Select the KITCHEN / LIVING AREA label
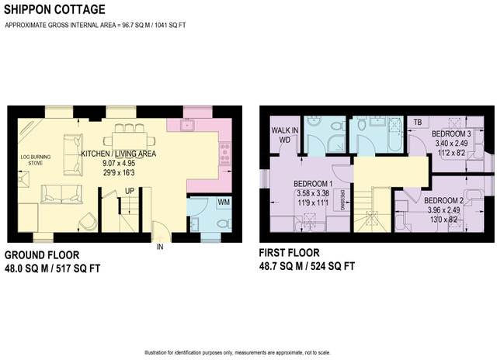pyautogui.click(x=119, y=154)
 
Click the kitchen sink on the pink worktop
pyautogui.click(x=187, y=124)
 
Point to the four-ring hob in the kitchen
pyautogui.click(x=226, y=154)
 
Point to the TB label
pyautogui.click(x=418, y=123)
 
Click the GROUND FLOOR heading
pyautogui.click(x=41, y=254)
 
